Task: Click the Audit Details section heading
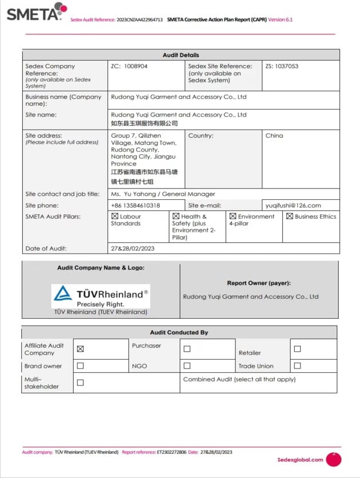(181, 55)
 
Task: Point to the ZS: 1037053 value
(282, 66)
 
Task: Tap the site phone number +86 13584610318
(135, 206)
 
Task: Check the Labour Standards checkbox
(114, 217)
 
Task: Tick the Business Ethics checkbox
(290, 216)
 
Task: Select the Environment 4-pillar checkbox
(233, 216)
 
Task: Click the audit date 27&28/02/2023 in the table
(133, 248)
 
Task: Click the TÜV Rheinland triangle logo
(63, 294)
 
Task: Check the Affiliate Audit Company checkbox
(81, 349)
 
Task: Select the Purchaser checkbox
(187, 349)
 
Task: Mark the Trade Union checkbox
(297, 365)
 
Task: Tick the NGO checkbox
(187, 365)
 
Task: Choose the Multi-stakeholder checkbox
(81, 383)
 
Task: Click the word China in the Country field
(274, 136)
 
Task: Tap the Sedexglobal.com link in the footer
(300, 459)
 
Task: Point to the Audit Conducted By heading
(179, 332)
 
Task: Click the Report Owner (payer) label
(259, 283)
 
